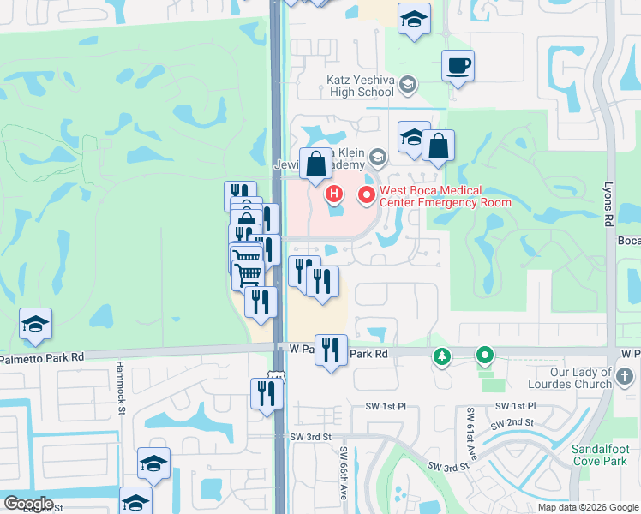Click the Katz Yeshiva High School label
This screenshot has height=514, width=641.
point(360,86)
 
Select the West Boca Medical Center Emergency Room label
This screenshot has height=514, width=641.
point(445,197)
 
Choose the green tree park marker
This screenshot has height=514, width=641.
point(442,356)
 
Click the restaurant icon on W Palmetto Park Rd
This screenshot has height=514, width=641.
point(331,350)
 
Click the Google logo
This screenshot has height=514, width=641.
point(28,504)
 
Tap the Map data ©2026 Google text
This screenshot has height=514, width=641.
point(588,507)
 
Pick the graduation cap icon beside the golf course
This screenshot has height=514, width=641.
point(36,324)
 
